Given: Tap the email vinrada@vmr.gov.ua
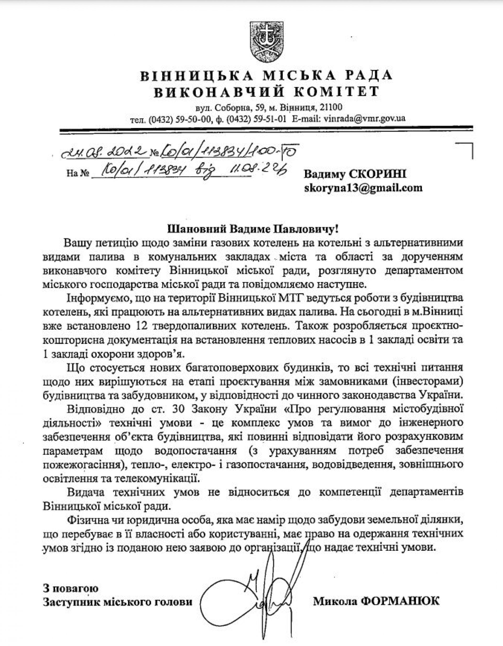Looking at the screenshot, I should [x=364, y=119].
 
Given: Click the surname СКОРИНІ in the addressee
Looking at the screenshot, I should [x=378, y=174].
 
